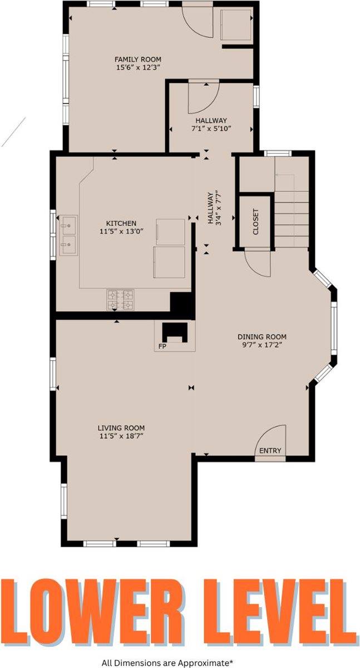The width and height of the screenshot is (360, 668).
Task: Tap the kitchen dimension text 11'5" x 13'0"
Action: [x=117, y=233]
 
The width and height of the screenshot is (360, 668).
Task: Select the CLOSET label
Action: [x=256, y=222]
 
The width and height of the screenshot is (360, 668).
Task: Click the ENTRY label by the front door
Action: [x=270, y=450]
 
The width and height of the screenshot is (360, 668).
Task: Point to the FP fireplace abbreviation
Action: [x=162, y=346]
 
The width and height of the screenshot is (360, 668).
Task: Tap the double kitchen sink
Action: [x=69, y=235]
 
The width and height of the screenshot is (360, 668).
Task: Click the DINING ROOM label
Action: [x=262, y=337]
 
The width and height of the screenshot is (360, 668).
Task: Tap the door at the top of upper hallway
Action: [x=203, y=96]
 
